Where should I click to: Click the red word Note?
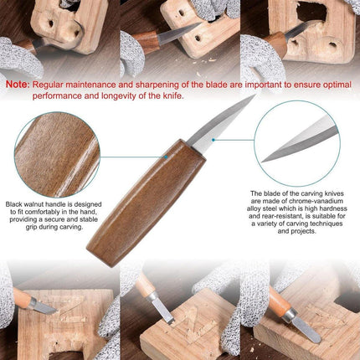(x=19, y=85)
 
